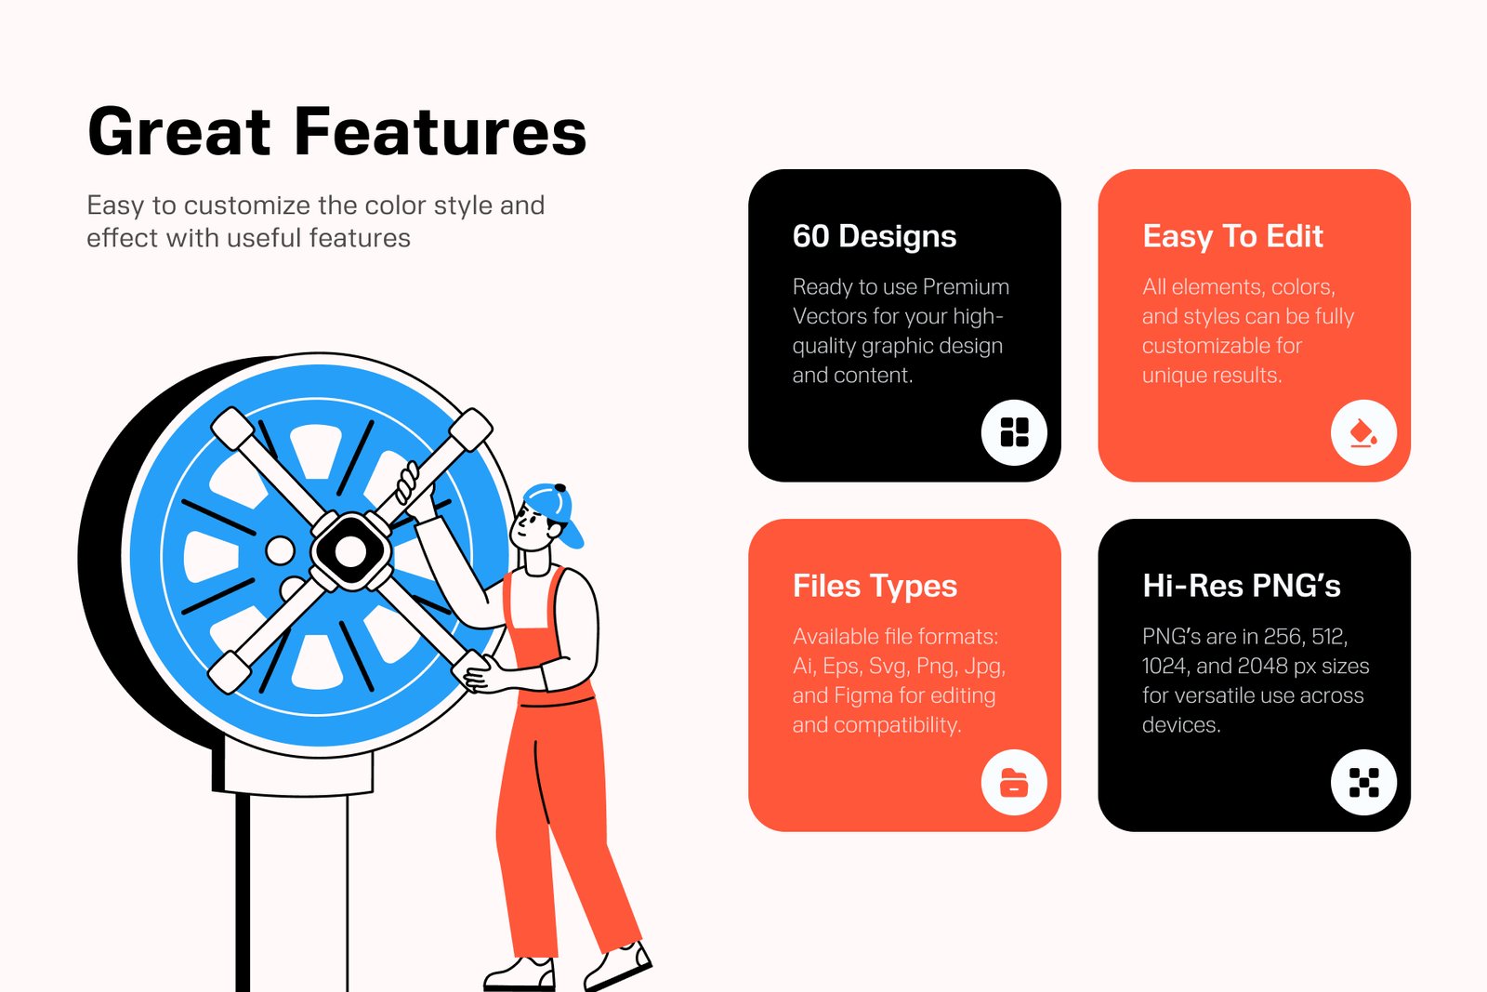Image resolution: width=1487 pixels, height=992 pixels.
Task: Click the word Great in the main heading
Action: pos(179,131)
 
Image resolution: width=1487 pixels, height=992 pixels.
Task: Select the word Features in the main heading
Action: pos(441,131)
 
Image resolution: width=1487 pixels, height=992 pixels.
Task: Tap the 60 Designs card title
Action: pos(875,236)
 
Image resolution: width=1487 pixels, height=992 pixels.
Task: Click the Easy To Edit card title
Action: pos(1232,236)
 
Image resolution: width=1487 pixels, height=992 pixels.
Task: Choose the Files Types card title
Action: pos(875,587)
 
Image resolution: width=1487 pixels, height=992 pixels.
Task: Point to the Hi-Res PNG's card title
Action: pos(1242,586)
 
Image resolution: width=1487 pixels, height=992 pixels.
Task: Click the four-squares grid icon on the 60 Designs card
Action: pos(1014,432)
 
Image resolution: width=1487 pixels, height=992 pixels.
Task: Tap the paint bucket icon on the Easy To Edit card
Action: pos(1363,433)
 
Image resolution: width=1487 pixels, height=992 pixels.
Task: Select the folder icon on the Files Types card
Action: pos(1014,782)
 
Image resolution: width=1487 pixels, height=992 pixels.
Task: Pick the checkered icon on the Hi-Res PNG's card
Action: pos(1363,782)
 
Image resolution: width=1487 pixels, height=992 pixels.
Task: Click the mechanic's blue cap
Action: pos(557,511)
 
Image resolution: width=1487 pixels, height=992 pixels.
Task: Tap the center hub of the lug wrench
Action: pos(349,550)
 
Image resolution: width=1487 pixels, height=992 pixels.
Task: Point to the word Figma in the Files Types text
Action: pos(863,695)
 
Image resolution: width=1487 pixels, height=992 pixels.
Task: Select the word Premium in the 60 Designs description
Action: pos(966,287)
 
